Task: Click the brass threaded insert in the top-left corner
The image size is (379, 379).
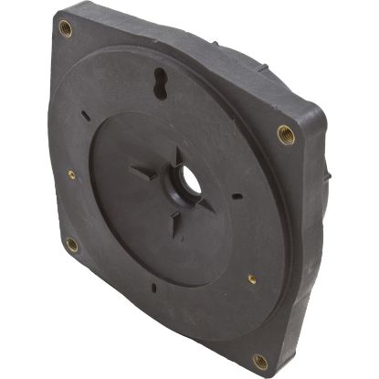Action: (65, 27)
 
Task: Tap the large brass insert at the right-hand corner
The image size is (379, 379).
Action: (286, 134)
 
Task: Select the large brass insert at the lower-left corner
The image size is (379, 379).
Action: (71, 244)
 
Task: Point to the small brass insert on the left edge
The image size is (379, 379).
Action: (71, 174)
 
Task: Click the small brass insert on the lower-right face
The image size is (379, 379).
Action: (252, 279)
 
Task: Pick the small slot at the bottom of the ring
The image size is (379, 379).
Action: (154, 290)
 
